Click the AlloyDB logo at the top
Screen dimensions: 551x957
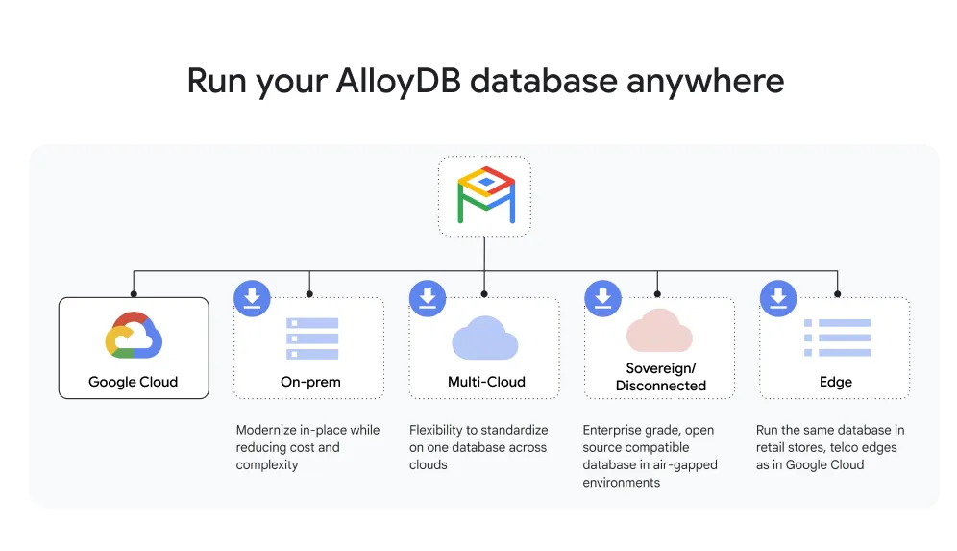(484, 195)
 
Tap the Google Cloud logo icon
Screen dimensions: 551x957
(134, 336)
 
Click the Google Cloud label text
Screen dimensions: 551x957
(134, 382)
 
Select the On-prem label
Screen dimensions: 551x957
(310, 382)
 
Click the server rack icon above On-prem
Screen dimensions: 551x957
(312, 338)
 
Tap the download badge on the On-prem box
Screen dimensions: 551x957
(253, 298)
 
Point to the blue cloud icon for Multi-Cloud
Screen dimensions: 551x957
(485, 338)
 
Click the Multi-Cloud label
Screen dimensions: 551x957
(486, 382)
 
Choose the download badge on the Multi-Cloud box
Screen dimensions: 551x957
(428, 298)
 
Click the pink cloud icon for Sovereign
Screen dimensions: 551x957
(659, 332)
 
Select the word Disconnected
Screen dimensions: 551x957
(661, 386)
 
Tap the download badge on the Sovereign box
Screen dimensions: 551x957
(602, 298)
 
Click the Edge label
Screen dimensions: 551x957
(836, 382)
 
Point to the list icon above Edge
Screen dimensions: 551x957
(837, 338)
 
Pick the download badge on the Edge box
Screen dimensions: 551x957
(778, 298)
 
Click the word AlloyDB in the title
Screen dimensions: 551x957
(398, 80)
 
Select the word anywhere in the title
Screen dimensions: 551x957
(705, 80)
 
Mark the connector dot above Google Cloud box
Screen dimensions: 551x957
(134, 294)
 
